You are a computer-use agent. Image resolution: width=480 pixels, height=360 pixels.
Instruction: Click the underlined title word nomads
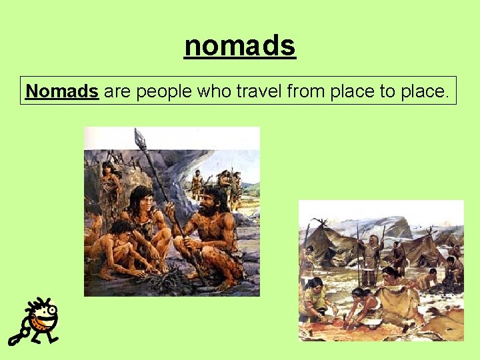coord(240,46)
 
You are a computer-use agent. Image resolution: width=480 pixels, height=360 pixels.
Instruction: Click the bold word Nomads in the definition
coord(62,91)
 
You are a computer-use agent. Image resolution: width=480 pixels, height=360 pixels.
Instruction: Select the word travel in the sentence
coord(259,91)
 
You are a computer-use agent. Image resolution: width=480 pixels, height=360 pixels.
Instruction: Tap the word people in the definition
coord(163,91)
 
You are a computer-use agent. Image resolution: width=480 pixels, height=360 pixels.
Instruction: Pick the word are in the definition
coord(117,91)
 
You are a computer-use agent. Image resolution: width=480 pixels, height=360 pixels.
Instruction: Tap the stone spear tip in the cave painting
coord(139,138)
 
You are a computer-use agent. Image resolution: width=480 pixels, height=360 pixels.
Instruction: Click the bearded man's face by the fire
coord(213,200)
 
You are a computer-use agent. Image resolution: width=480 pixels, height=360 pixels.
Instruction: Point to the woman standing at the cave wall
coord(109,183)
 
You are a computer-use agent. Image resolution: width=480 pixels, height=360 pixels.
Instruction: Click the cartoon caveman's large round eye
coord(50,311)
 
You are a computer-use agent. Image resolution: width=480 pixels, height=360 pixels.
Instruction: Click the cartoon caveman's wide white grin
coord(45,323)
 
